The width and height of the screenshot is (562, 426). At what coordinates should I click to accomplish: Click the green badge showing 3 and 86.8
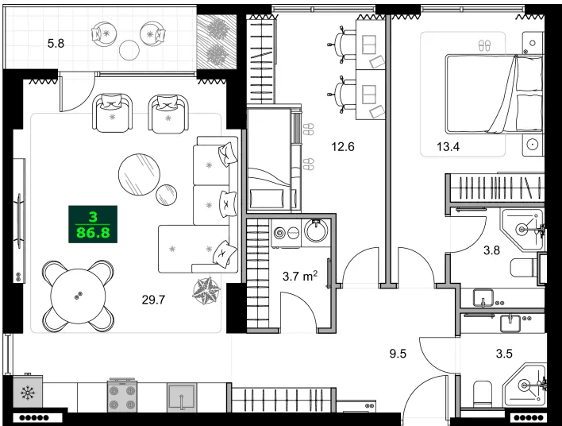click(x=93, y=225)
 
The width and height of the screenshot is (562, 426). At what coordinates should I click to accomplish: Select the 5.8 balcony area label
click(x=56, y=44)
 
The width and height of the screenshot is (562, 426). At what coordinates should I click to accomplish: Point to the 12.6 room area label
click(x=342, y=145)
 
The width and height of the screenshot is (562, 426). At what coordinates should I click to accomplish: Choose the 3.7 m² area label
click(x=300, y=277)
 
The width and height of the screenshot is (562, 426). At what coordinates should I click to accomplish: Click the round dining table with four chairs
click(x=77, y=296)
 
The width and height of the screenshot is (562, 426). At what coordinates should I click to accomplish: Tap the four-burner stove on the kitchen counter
click(x=123, y=395)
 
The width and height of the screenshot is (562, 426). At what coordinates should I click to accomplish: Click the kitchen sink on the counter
click(x=182, y=397)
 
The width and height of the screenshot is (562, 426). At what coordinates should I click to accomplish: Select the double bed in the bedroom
click(x=492, y=94)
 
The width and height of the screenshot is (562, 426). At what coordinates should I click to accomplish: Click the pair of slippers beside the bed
click(x=485, y=45)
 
